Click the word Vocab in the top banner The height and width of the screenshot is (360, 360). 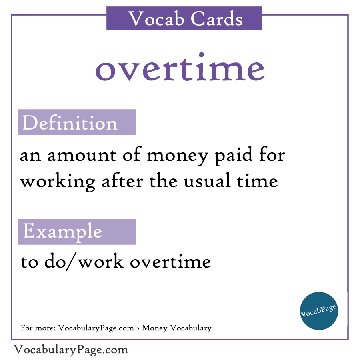151,18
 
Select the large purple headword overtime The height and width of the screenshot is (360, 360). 180,69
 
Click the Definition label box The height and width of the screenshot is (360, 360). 77,122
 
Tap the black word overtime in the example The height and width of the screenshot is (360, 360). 170,262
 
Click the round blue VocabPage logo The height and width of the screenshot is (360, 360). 319,311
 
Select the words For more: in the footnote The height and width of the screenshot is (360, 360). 38,328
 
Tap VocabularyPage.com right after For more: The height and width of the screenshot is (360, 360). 96,328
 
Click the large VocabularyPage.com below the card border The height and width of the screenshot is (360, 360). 71,350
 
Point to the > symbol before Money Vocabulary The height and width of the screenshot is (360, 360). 138,328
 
